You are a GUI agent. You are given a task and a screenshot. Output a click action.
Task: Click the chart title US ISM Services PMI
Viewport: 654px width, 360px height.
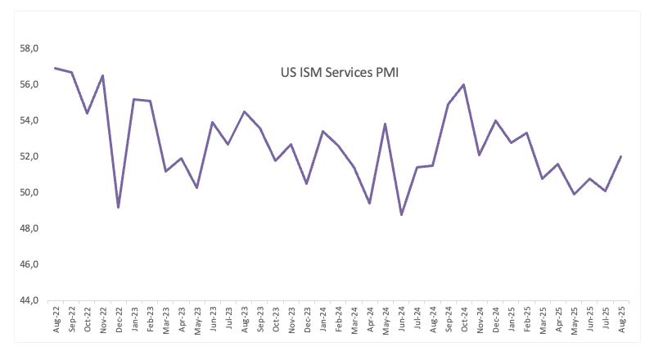pyautogui.click(x=339, y=73)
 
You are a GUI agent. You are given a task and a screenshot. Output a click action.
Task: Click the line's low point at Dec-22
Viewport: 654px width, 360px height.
pyautogui.click(x=119, y=207)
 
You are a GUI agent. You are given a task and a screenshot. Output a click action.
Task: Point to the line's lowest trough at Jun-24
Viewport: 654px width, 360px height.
pyautogui.click(x=402, y=214)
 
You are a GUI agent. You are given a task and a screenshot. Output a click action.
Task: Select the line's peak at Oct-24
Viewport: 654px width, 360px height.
pyautogui.click(x=464, y=84)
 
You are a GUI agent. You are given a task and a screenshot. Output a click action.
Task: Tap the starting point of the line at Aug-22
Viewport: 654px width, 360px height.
pyautogui.click(x=56, y=68)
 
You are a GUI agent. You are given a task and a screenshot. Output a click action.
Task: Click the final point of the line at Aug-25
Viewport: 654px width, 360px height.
pyautogui.click(x=622, y=156)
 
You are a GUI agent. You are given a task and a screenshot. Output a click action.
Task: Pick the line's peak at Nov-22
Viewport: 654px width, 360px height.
pyautogui.click(x=103, y=75)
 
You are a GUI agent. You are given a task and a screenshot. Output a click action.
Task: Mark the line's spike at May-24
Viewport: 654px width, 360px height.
pyautogui.click(x=386, y=124)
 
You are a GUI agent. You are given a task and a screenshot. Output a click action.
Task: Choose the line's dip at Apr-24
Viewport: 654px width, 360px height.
pyautogui.click(x=370, y=203)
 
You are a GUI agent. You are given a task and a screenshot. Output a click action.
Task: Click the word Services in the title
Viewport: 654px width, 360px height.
pyautogui.click(x=344, y=73)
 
